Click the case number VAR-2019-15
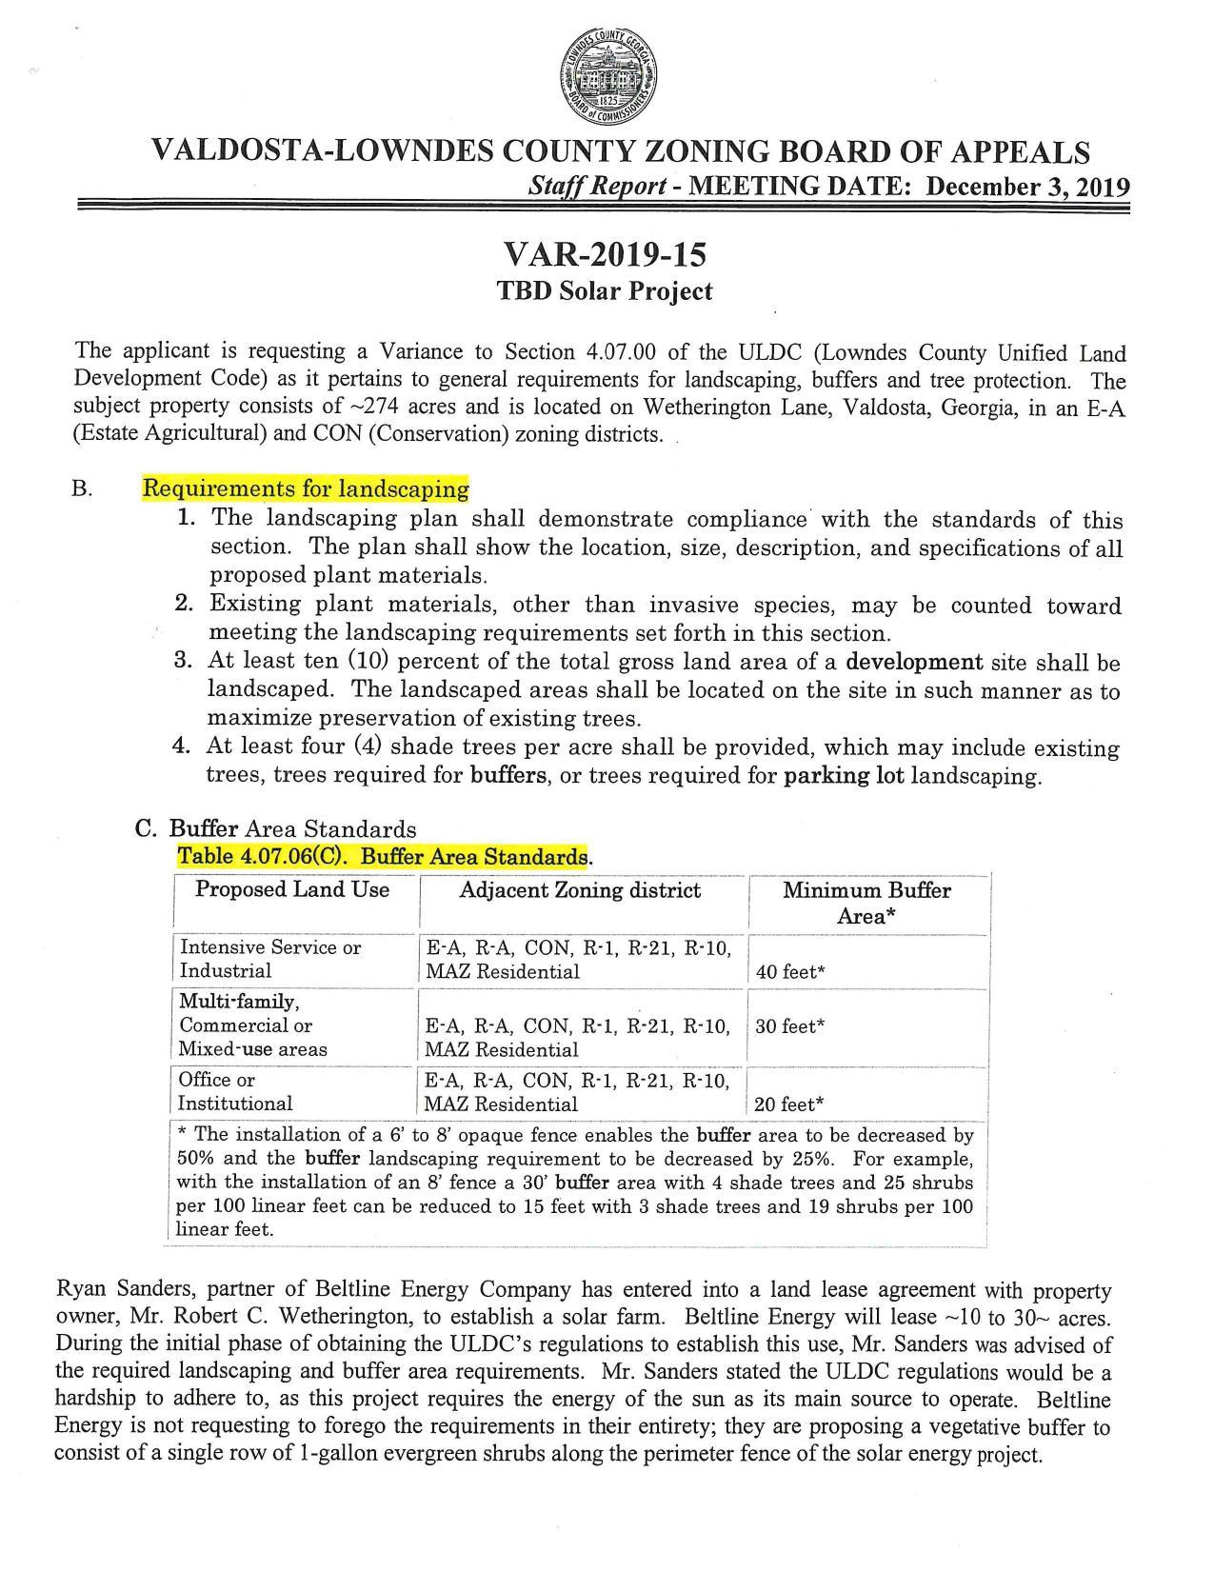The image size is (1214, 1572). click(x=606, y=255)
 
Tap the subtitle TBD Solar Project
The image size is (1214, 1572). click(x=606, y=291)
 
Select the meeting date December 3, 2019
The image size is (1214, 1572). click(x=1028, y=186)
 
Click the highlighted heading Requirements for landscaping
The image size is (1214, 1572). click(x=306, y=489)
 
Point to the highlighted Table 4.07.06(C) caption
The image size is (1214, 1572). click(x=383, y=856)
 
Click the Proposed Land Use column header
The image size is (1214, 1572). click(x=292, y=889)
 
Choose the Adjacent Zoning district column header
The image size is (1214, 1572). click(x=580, y=890)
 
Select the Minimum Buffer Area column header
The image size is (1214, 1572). click(x=866, y=903)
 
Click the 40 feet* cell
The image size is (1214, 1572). click(x=790, y=972)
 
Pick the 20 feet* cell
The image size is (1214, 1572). click(x=789, y=1104)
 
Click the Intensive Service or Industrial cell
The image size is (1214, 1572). click(x=270, y=959)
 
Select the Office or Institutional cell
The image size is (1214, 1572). click(x=235, y=1091)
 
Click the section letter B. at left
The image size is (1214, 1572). click(x=82, y=489)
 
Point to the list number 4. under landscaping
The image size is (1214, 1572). click(x=184, y=747)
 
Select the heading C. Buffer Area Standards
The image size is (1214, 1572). click(x=276, y=828)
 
